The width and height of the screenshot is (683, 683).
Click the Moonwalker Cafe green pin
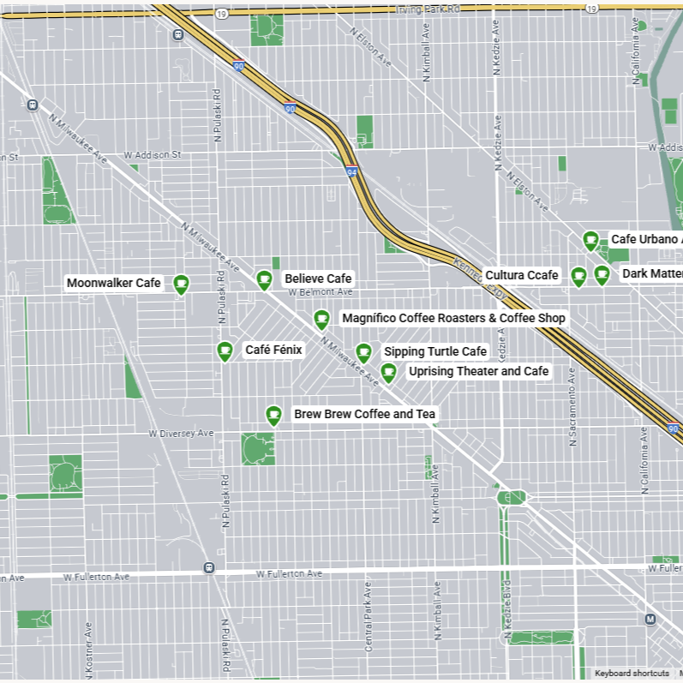pyautogui.click(x=181, y=284)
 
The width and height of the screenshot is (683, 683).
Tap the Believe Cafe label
pyautogui.click(x=318, y=279)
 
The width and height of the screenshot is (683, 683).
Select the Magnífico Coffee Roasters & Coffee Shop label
pyautogui.click(x=453, y=318)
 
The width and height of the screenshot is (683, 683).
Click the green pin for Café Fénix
pyautogui.click(x=225, y=350)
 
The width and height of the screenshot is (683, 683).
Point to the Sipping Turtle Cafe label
pyautogui.click(x=434, y=351)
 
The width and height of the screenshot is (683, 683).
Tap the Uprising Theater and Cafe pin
pyautogui.click(x=388, y=372)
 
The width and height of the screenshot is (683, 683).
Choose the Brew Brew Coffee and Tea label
pyautogui.click(x=364, y=415)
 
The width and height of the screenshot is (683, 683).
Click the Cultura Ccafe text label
pyautogui.click(x=521, y=275)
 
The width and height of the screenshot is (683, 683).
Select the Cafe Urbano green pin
pyautogui.click(x=590, y=240)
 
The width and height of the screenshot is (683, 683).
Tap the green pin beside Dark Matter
pyautogui.click(x=602, y=274)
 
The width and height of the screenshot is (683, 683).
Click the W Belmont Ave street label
pyautogui.click(x=315, y=292)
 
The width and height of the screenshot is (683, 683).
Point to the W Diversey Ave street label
pyautogui.click(x=181, y=434)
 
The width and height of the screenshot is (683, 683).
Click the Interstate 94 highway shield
pyautogui.click(x=351, y=172)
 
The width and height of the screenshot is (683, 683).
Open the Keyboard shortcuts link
pyautogui.click(x=632, y=674)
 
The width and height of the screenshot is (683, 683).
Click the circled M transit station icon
pyautogui.click(x=650, y=619)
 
